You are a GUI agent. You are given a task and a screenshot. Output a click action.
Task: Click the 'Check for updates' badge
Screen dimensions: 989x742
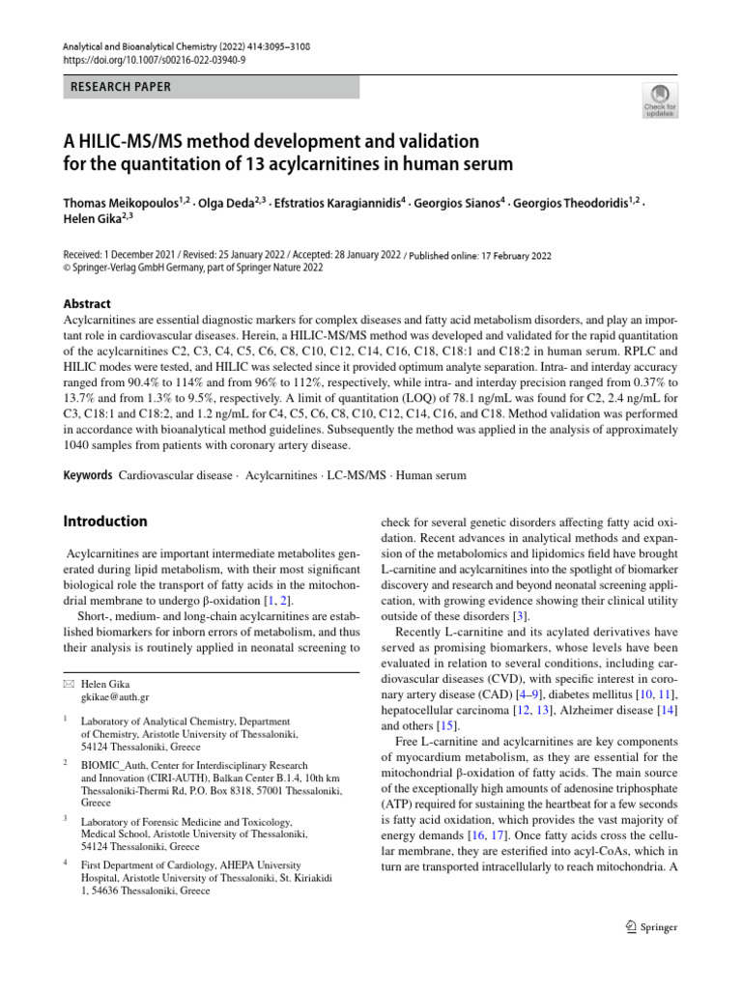(661, 99)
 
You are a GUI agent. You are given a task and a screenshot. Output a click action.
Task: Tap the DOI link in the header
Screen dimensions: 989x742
(156, 59)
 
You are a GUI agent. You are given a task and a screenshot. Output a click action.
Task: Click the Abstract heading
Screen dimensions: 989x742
(87, 303)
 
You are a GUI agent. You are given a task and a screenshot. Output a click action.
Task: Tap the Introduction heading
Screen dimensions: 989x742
(105, 522)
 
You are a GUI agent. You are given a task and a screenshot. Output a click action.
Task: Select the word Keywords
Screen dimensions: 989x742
(88, 475)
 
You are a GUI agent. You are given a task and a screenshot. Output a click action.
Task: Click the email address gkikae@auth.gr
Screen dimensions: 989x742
(115, 696)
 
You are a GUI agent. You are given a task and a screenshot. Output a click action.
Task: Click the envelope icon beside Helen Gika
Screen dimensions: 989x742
(68, 684)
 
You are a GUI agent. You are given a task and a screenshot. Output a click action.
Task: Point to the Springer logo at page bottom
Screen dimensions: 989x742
(646, 927)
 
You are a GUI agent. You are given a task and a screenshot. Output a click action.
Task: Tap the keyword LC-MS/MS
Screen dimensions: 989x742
(359, 475)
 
